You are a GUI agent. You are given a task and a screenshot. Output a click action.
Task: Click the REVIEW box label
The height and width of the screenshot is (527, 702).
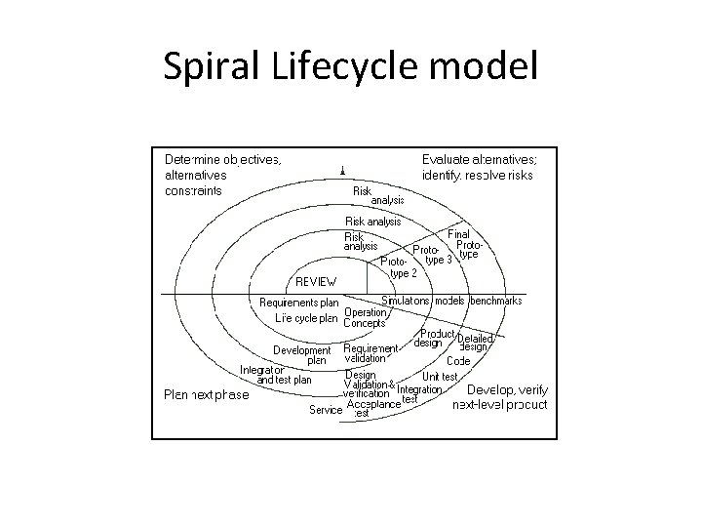point(317,281)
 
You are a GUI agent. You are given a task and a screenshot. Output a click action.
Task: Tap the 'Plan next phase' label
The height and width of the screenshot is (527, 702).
point(205,395)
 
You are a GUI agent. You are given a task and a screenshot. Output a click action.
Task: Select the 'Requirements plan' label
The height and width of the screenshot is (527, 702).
point(298,303)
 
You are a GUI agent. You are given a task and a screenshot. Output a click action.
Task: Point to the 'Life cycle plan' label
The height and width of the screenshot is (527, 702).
point(305,317)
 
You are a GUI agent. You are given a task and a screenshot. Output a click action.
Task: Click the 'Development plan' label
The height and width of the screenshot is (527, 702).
point(301,354)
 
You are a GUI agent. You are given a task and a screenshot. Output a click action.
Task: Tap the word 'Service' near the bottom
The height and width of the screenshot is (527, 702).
point(326,410)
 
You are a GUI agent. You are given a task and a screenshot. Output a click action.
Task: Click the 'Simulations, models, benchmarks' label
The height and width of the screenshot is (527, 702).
point(451,301)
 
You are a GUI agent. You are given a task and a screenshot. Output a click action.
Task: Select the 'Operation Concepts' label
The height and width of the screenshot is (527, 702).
point(366,318)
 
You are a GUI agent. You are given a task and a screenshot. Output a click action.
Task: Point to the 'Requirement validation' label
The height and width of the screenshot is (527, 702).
point(370,353)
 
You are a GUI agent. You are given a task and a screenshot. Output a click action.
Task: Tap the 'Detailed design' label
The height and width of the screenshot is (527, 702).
point(474,343)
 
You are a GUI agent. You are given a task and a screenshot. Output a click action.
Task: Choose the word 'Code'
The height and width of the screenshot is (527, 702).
point(458,361)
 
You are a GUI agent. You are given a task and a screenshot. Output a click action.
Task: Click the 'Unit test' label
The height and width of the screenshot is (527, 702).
point(440,377)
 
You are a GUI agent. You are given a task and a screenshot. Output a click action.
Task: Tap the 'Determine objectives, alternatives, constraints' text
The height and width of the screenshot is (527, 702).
point(223,175)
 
